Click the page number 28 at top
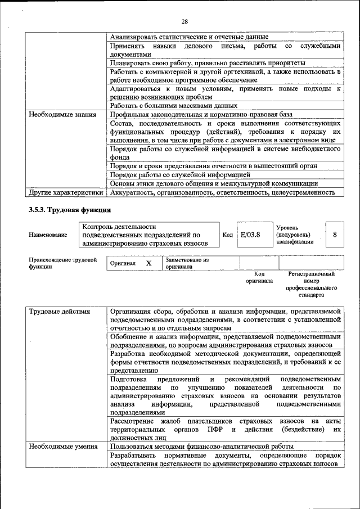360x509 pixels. (x=184, y=21)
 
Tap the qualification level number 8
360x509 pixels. (x=335, y=235)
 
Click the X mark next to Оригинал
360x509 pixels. (x=148, y=263)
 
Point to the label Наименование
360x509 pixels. (x=47, y=235)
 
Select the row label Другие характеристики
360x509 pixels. (x=66, y=192)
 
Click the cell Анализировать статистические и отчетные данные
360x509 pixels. (x=189, y=37)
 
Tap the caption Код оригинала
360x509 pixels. (x=259, y=277)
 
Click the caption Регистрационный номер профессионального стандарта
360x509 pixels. (x=311, y=284)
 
